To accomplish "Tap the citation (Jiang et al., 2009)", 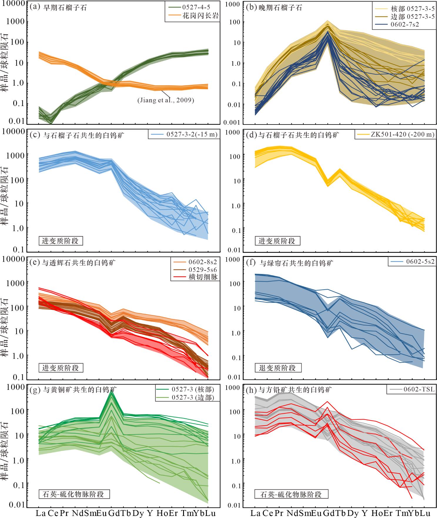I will click(x=166, y=100).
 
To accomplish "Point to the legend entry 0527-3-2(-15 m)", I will click(x=192, y=134).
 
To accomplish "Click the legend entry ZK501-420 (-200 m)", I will click(x=403, y=134).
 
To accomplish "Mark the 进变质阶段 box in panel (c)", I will click(x=60, y=241).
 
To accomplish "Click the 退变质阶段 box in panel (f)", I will click(x=277, y=368).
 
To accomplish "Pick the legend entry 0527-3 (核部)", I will click(x=193, y=389).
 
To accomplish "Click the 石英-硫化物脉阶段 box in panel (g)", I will click(x=74, y=494).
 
